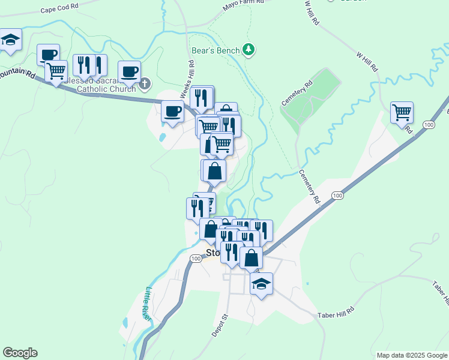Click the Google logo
pyautogui.click(x=20, y=353)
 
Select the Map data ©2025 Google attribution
pyautogui.click(x=412, y=355)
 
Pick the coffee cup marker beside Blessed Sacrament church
pyautogui.click(x=130, y=73)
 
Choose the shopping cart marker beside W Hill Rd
pyautogui.click(x=402, y=112)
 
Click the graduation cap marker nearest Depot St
pyautogui.click(x=261, y=284)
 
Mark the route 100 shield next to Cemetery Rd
pyautogui.click(x=338, y=196)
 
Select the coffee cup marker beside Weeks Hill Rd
pyautogui.click(x=173, y=112)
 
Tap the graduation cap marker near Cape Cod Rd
pyautogui.click(x=10, y=40)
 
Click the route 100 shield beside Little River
pyautogui.click(x=195, y=258)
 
